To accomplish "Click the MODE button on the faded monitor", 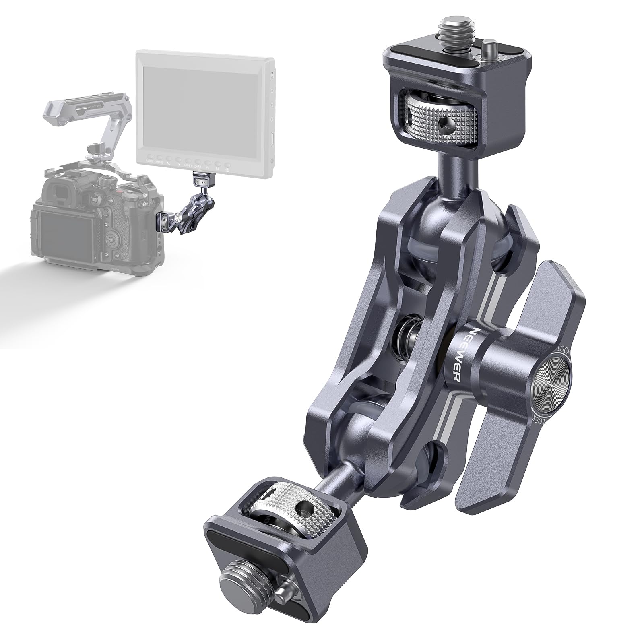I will click(150, 165).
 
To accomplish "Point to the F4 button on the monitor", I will click(217, 165).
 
